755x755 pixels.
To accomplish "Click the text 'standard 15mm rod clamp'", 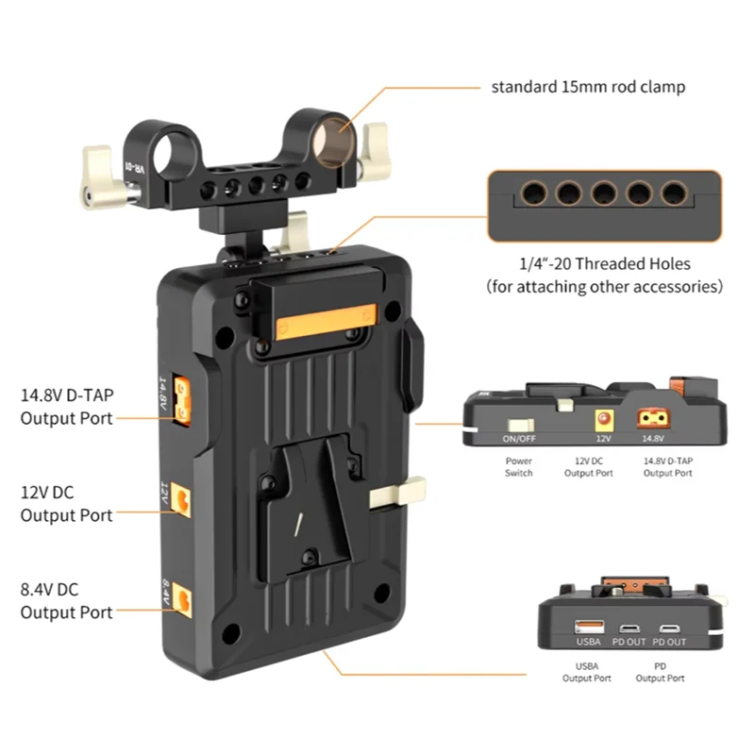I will point(587,87).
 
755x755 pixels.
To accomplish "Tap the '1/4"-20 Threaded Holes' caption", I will point(604,264).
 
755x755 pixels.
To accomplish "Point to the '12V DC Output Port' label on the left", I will point(66,504).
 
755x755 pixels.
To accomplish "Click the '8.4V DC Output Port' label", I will point(66,601).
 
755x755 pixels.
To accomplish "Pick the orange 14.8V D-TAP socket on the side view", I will point(653,419).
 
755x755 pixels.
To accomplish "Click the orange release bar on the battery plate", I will point(327,324).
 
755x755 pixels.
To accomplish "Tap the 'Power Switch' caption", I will point(519,467).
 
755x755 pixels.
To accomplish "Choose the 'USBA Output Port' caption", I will point(587,672).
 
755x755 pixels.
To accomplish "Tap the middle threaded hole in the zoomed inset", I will point(602,193).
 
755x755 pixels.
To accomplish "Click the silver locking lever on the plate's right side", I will point(395,494).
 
